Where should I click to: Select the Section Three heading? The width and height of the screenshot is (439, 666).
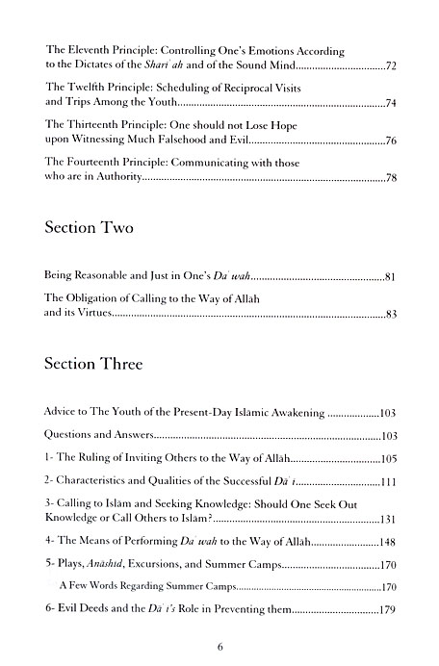coord(98,366)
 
